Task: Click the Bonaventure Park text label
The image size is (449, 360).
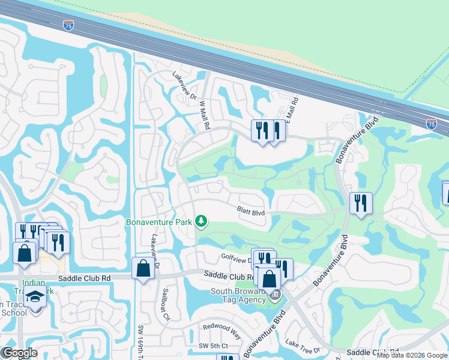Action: [159, 222]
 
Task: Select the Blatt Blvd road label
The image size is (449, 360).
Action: [250, 211]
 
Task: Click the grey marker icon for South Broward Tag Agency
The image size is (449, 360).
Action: [275, 294]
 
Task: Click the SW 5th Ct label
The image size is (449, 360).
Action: [213, 346]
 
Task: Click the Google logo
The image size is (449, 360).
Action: [19, 353]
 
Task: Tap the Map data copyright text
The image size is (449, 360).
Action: [412, 355]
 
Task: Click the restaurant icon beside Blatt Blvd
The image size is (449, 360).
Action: [360, 203]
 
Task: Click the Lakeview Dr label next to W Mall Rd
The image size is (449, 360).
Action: [184, 85]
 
